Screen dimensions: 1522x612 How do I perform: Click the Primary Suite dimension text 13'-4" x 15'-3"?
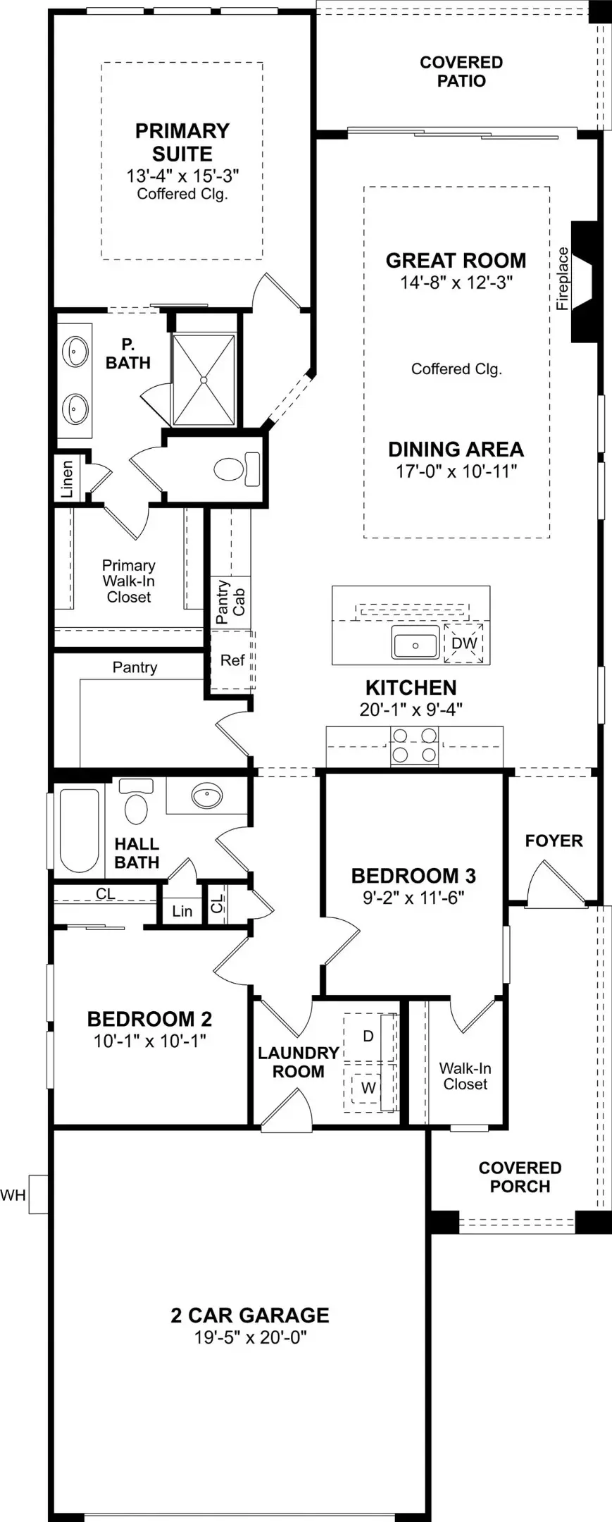[x=182, y=175]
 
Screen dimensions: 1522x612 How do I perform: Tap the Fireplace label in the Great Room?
[x=562, y=278]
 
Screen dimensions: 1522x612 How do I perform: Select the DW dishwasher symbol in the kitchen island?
[x=463, y=643]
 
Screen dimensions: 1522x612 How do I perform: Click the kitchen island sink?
[x=416, y=644]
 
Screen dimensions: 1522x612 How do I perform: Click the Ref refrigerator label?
[x=232, y=660]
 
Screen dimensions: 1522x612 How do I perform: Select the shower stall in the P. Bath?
[x=204, y=380]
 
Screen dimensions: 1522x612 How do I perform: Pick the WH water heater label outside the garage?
[x=13, y=1194]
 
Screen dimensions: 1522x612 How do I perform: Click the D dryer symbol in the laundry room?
[x=368, y=1037]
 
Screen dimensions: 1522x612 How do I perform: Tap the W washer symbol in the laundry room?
[x=368, y=1088]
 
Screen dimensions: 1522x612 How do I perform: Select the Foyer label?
[x=554, y=841]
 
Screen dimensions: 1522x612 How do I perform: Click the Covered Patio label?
[x=461, y=72]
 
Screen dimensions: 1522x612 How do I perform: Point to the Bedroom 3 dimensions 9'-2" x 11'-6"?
[x=413, y=898]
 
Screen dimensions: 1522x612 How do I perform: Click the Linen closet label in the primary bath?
[x=68, y=479]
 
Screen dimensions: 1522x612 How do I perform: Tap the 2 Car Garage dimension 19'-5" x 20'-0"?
[x=250, y=1337]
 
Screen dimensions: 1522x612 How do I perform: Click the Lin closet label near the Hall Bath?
[x=182, y=911]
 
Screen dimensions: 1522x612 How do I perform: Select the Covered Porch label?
[x=520, y=1177]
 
